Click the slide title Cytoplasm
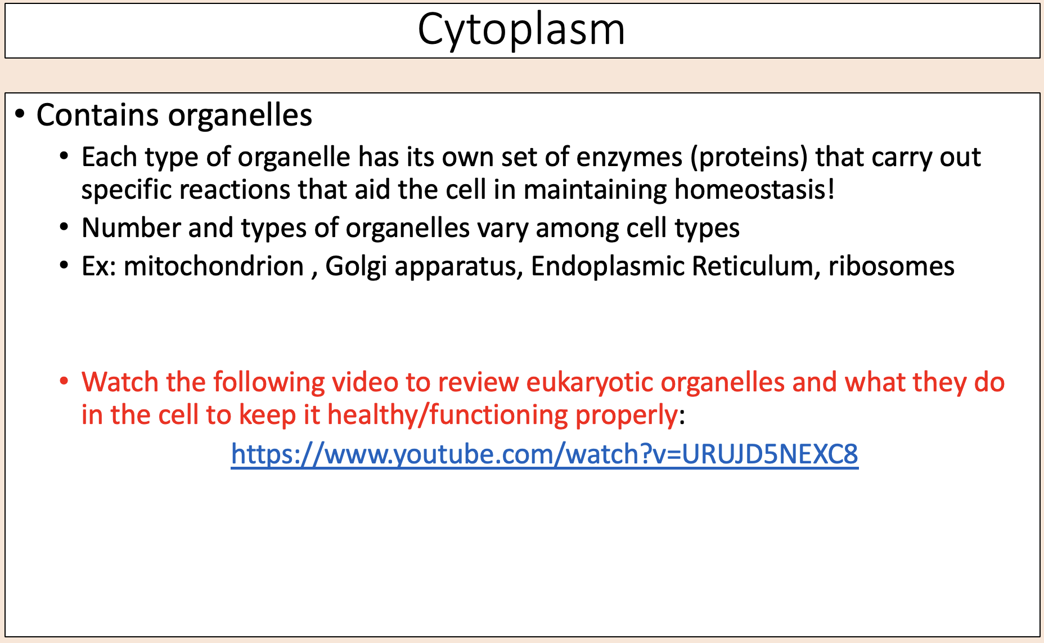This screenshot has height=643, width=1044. [521, 29]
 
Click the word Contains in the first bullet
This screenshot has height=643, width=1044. [97, 115]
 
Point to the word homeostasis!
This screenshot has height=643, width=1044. [754, 190]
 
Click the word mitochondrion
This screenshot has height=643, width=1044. [214, 266]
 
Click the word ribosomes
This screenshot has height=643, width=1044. [891, 266]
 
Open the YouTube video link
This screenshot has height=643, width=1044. [544, 454]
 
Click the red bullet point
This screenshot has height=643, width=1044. [64, 381]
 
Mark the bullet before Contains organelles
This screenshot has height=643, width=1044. [20, 114]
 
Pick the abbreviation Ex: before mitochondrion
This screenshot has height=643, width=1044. [98, 266]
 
